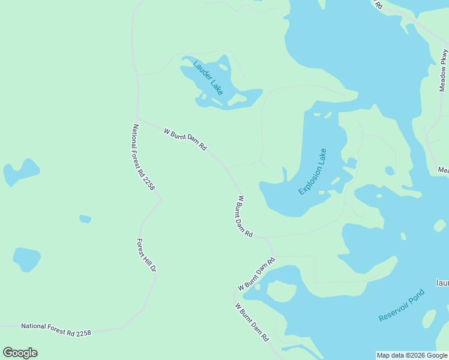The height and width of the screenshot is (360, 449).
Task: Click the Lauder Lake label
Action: [x=208, y=77]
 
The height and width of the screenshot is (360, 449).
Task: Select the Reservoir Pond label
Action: [x=402, y=305]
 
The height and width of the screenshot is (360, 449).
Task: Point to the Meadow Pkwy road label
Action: [x=444, y=70]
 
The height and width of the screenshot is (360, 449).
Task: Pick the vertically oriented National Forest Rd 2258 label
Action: [x=144, y=158]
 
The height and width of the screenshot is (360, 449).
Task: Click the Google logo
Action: [x=20, y=353]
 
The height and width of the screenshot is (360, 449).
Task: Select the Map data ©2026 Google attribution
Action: [x=412, y=355]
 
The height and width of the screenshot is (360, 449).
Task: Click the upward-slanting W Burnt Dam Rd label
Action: [x=256, y=274]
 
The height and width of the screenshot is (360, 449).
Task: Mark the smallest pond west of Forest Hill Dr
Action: [x=85, y=219]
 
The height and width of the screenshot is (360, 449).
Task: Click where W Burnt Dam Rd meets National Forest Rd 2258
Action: [x=138, y=118]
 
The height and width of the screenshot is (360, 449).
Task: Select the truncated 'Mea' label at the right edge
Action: [x=443, y=170]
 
